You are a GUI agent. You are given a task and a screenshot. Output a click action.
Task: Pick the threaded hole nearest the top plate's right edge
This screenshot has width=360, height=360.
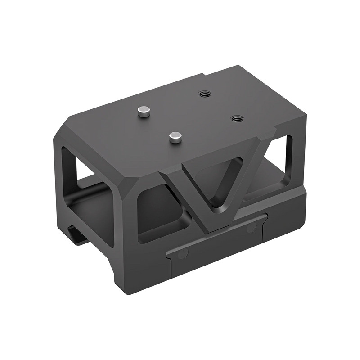pyautogui.click(x=235, y=118)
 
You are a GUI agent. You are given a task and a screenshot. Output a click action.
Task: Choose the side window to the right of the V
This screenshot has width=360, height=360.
pyautogui.click(x=279, y=166)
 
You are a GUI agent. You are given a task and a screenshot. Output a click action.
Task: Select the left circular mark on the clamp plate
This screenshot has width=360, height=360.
pyautogui.click(x=182, y=255)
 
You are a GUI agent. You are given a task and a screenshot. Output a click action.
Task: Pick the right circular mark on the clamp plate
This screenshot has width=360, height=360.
pyautogui.click(x=250, y=229)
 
